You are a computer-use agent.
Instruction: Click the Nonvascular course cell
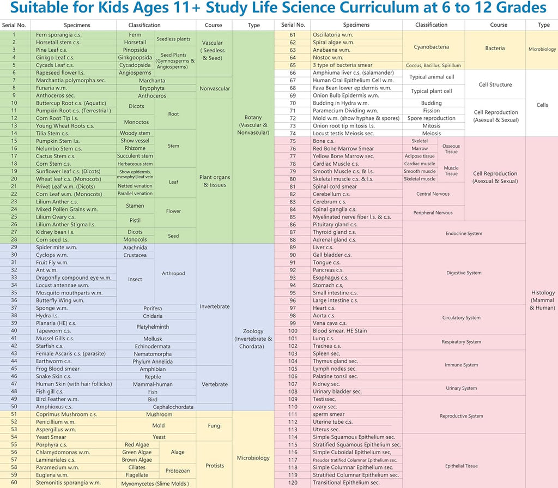click(x=215, y=88)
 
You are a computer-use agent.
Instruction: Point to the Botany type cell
click(x=254, y=124)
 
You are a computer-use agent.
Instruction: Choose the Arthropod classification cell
click(x=174, y=273)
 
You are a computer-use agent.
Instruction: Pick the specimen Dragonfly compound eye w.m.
click(x=74, y=278)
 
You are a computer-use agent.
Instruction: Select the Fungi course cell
click(x=215, y=425)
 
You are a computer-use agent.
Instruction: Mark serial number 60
click(x=14, y=482)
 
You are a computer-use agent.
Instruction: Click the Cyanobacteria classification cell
click(x=431, y=47)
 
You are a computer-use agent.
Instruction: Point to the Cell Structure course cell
click(x=495, y=85)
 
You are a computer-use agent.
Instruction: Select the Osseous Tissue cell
click(x=451, y=149)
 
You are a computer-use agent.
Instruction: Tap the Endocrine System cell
click(x=464, y=233)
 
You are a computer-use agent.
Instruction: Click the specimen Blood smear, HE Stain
click(x=339, y=331)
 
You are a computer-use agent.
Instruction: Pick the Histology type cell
click(x=542, y=300)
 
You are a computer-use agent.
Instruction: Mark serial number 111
click(x=293, y=414)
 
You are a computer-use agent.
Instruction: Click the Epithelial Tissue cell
click(x=461, y=466)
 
